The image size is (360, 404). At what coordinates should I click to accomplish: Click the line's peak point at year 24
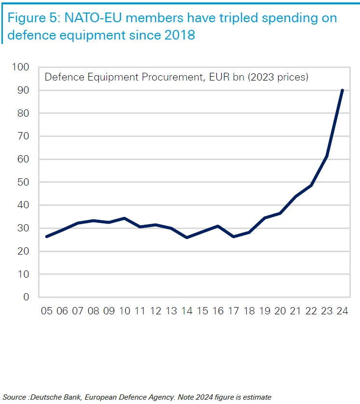(x=342, y=90)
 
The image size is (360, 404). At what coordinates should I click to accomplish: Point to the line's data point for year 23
(x=327, y=156)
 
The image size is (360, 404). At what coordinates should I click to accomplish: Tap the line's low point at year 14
(x=187, y=238)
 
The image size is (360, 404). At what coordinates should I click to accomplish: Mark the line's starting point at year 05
(x=47, y=237)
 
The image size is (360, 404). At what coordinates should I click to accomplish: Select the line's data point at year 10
(x=124, y=218)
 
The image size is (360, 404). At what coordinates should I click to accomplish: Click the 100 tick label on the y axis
(x=20, y=67)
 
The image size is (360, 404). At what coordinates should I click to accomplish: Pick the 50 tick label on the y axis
(x=22, y=182)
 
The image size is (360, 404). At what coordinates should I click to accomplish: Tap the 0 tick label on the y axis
(x=27, y=297)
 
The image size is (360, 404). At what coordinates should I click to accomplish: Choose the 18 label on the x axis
(x=249, y=311)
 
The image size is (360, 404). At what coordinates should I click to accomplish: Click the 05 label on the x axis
(x=47, y=311)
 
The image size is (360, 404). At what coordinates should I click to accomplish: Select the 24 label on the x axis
(x=343, y=311)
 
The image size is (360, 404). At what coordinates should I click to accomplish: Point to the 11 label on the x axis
(x=140, y=311)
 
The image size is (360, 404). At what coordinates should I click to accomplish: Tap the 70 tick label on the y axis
(x=22, y=136)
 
